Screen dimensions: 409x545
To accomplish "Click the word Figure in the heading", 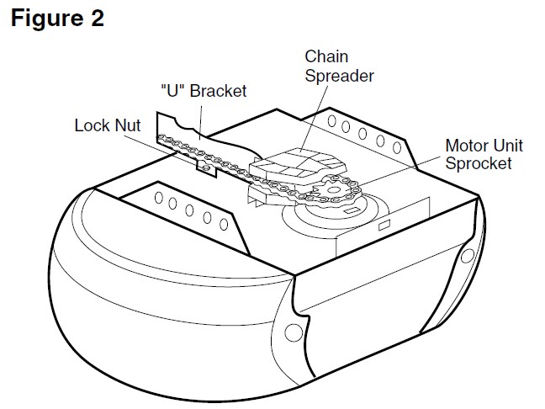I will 46,19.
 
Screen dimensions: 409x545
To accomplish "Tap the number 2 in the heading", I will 96,19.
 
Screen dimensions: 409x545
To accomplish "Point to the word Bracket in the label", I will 218,91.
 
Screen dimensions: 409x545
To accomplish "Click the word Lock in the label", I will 91,125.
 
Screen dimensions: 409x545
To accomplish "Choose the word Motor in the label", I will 465,145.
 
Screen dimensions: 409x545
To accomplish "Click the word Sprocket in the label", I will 478,163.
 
